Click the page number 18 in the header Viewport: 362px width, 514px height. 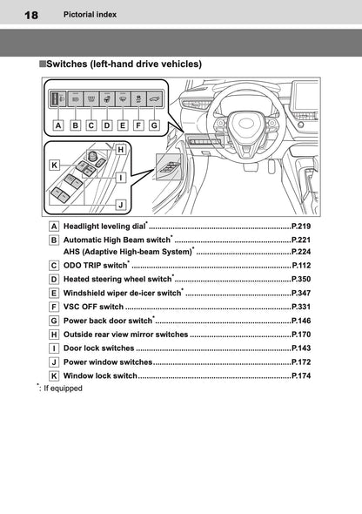click(31, 15)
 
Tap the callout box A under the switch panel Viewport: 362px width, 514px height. click(57, 125)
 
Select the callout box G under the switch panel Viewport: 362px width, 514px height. click(154, 125)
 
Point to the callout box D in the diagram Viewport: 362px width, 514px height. click(106, 125)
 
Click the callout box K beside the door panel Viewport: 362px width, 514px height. click(54, 164)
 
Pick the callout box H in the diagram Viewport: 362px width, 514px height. click(120, 150)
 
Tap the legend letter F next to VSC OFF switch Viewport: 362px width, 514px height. click(54, 307)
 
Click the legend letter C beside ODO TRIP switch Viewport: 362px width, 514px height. click(54, 265)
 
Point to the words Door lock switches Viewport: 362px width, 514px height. click(98, 348)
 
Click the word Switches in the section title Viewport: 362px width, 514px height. click(69, 64)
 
